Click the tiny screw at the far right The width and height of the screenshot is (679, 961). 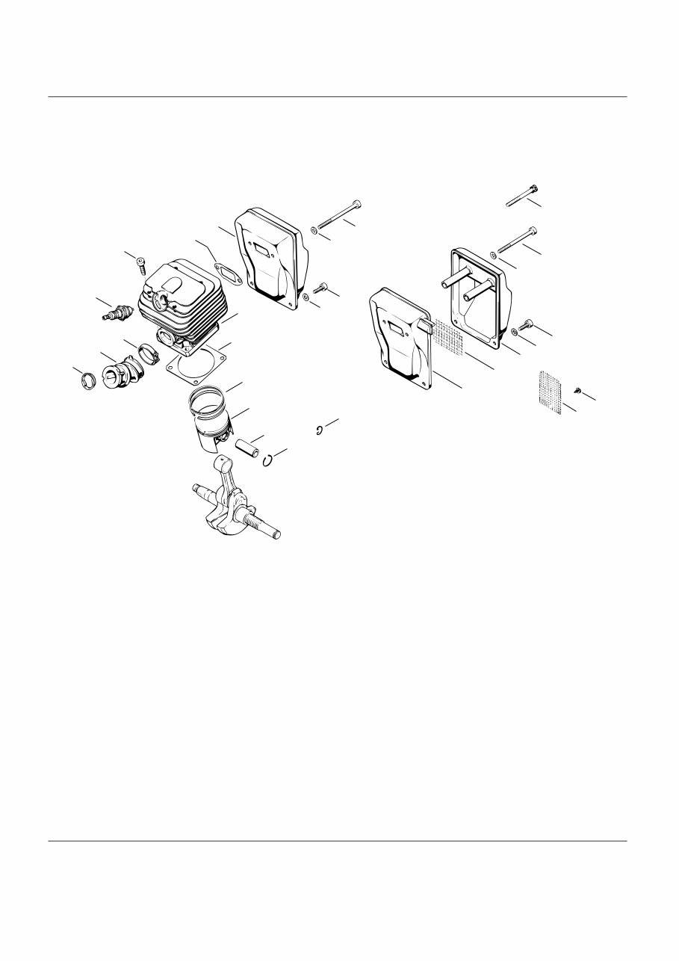(578, 391)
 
